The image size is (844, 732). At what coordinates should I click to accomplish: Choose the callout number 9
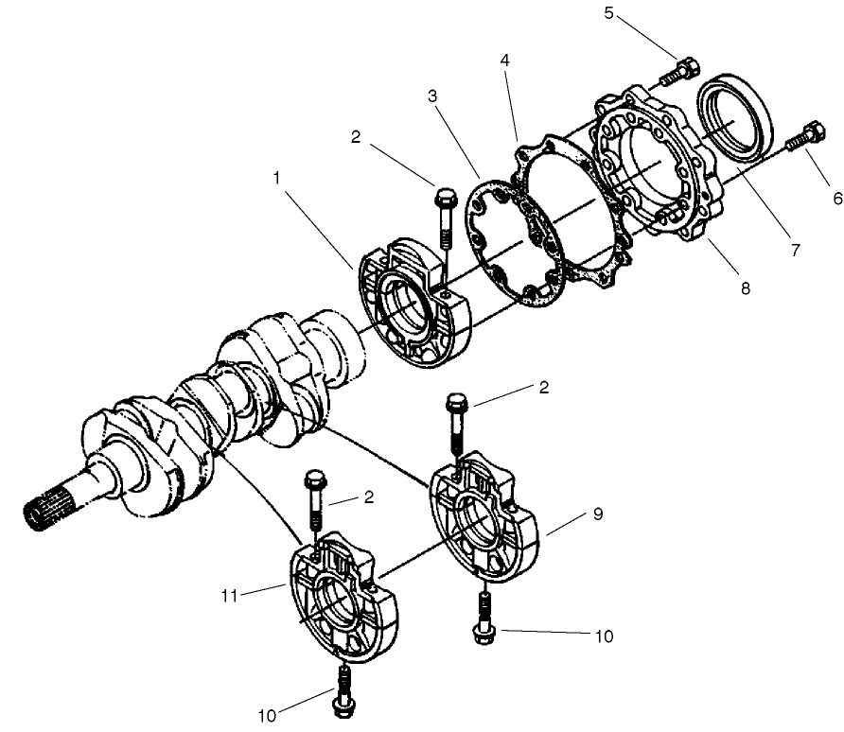[x=597, y=514]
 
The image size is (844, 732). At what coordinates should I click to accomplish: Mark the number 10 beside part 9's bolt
[x=603, y=636]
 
